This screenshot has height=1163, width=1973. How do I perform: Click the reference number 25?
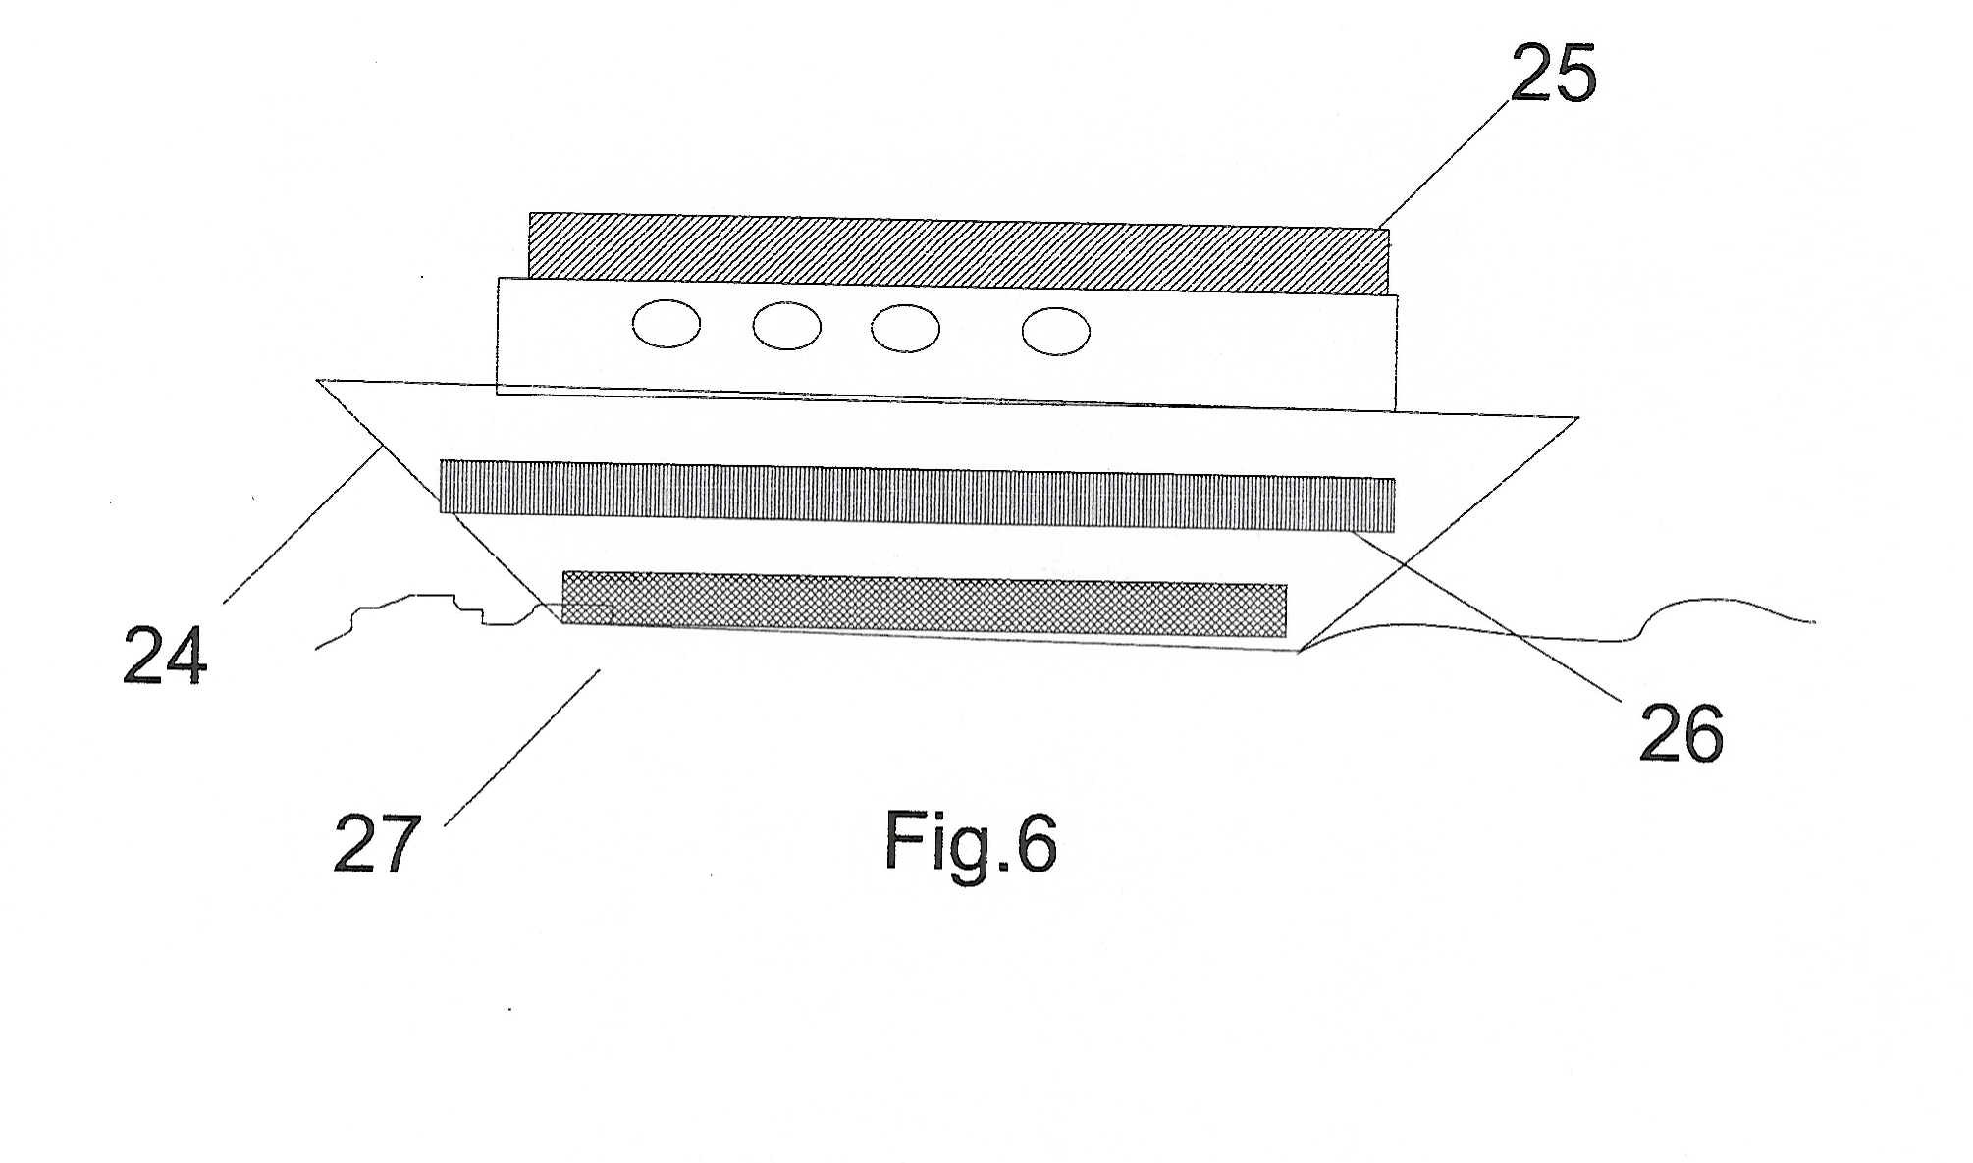point(1553,74)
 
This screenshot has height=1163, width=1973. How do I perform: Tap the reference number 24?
point(165,655)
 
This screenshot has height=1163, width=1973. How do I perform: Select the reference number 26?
point(1681,733)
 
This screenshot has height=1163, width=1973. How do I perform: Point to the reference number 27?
point(377,843)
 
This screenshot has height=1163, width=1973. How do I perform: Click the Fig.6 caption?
point(971,842)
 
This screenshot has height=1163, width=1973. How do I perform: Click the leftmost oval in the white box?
point(667,324)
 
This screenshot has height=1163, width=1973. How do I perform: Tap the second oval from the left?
point(787,326)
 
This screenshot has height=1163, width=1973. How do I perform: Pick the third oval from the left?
point(905,329)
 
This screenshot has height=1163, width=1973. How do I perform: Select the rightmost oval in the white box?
point(1055,331)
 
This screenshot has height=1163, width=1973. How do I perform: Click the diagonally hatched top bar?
point(959,253)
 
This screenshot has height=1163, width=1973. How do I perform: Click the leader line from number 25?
point(1443,164)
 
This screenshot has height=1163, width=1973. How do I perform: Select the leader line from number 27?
point(522,748)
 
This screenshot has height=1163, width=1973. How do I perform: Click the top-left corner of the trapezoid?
point(317,380)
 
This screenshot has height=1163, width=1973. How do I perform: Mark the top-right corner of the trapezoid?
point(1578,418)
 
